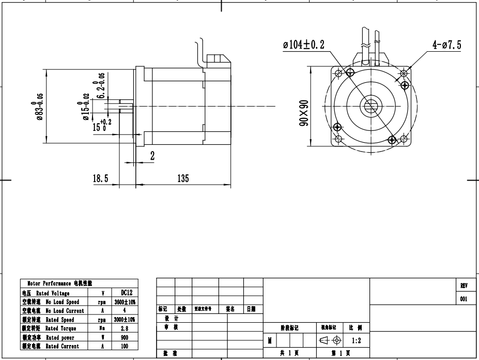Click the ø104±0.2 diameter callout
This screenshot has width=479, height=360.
coord(303,45)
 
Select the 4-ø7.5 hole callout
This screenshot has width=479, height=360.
coord(447,45)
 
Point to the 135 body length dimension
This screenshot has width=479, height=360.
coord(183,178)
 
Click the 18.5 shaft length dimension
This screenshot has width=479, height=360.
coord(100,178)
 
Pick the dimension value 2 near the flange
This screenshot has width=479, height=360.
coord(152,156)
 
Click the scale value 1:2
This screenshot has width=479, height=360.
coord(357,341)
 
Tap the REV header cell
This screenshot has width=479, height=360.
coord(463,286)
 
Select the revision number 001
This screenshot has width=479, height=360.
coord(463,298)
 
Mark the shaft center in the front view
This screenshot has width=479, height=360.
coord(370,106)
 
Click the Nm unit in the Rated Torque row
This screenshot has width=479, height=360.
coord(103,328)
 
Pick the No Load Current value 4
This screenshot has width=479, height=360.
coord(125,311)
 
